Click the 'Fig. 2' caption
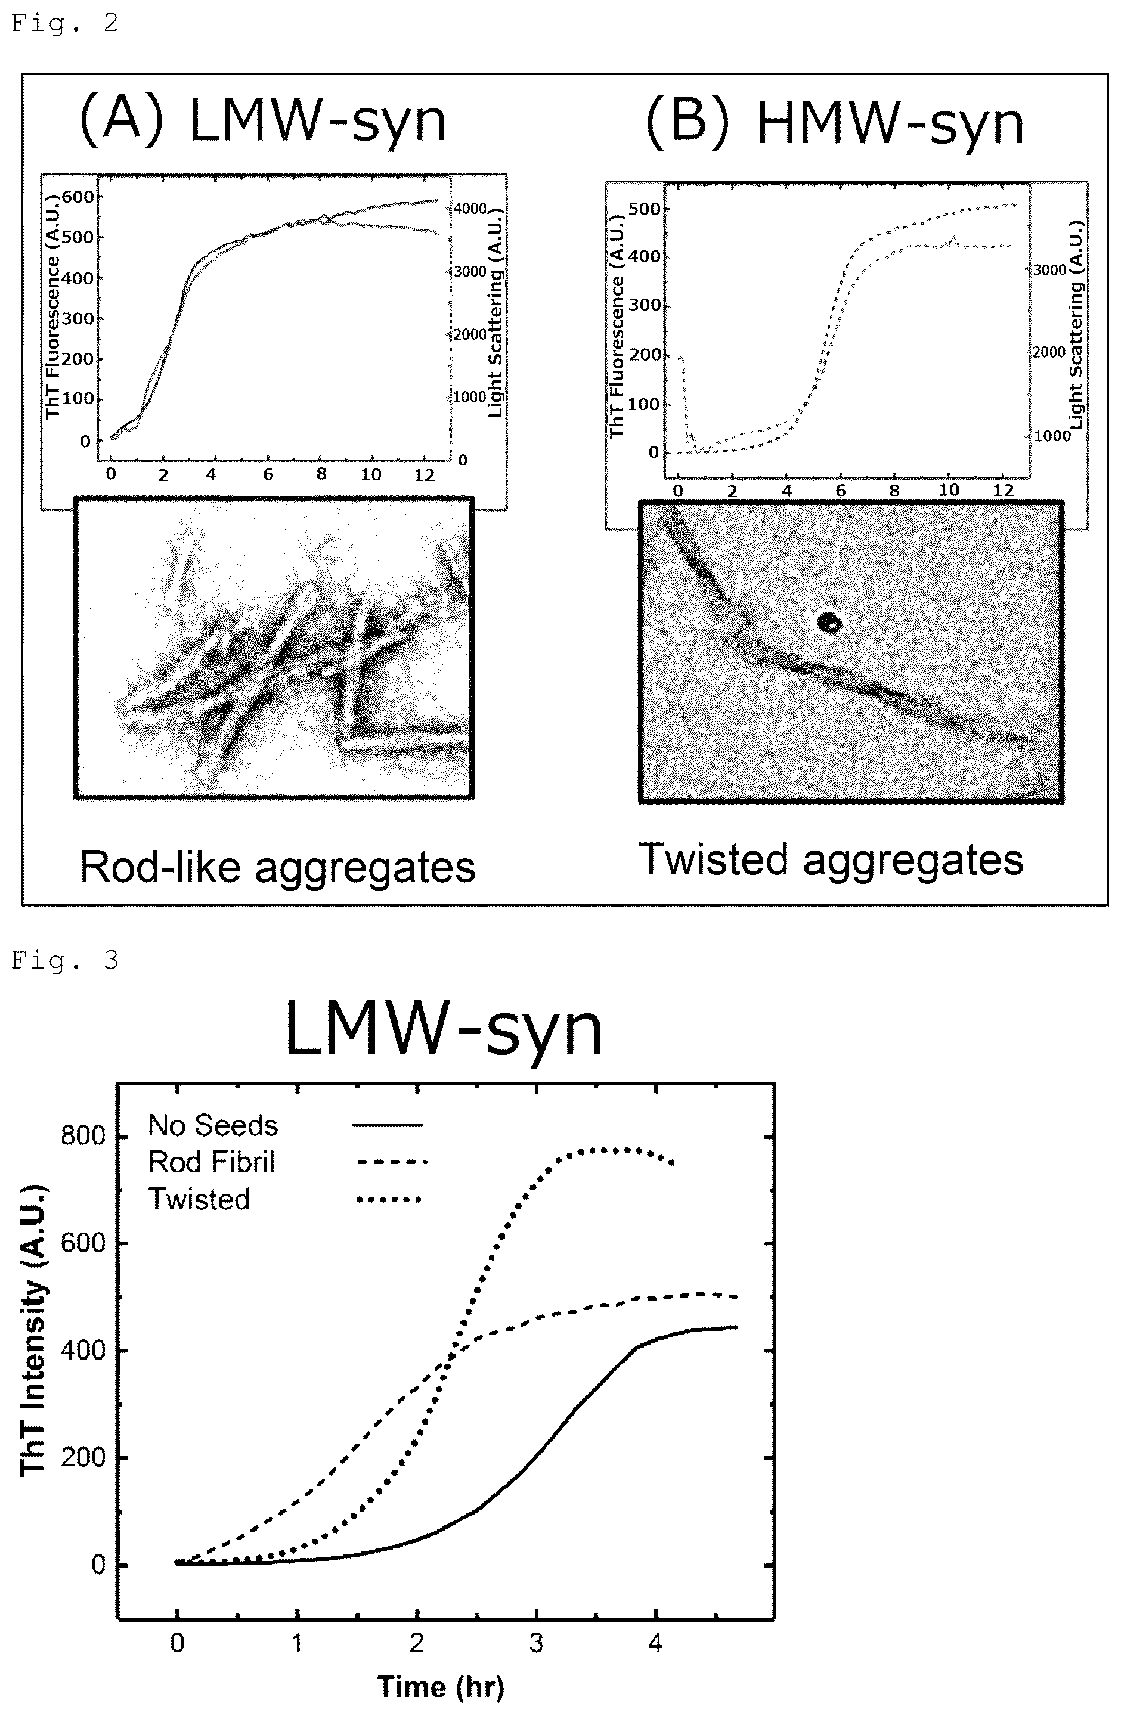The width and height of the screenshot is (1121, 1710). [64, 23]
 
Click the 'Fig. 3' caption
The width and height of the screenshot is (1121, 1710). [64, 961]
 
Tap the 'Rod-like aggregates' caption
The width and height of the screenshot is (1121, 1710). [277, 867]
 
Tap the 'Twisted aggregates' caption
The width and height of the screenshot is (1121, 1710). [831, 860]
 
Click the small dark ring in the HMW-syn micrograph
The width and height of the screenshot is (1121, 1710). [830, 622]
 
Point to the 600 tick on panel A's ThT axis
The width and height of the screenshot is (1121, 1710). [78, 197]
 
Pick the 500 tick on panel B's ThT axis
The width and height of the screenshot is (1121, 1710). [644, 209]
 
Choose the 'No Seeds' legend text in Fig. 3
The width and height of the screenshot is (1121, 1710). [213, 1125]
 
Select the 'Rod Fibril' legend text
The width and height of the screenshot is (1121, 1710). [211, 1162]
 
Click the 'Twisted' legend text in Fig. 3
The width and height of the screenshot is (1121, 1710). [199, 1199]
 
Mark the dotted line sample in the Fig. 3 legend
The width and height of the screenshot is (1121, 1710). [389, 1199]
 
